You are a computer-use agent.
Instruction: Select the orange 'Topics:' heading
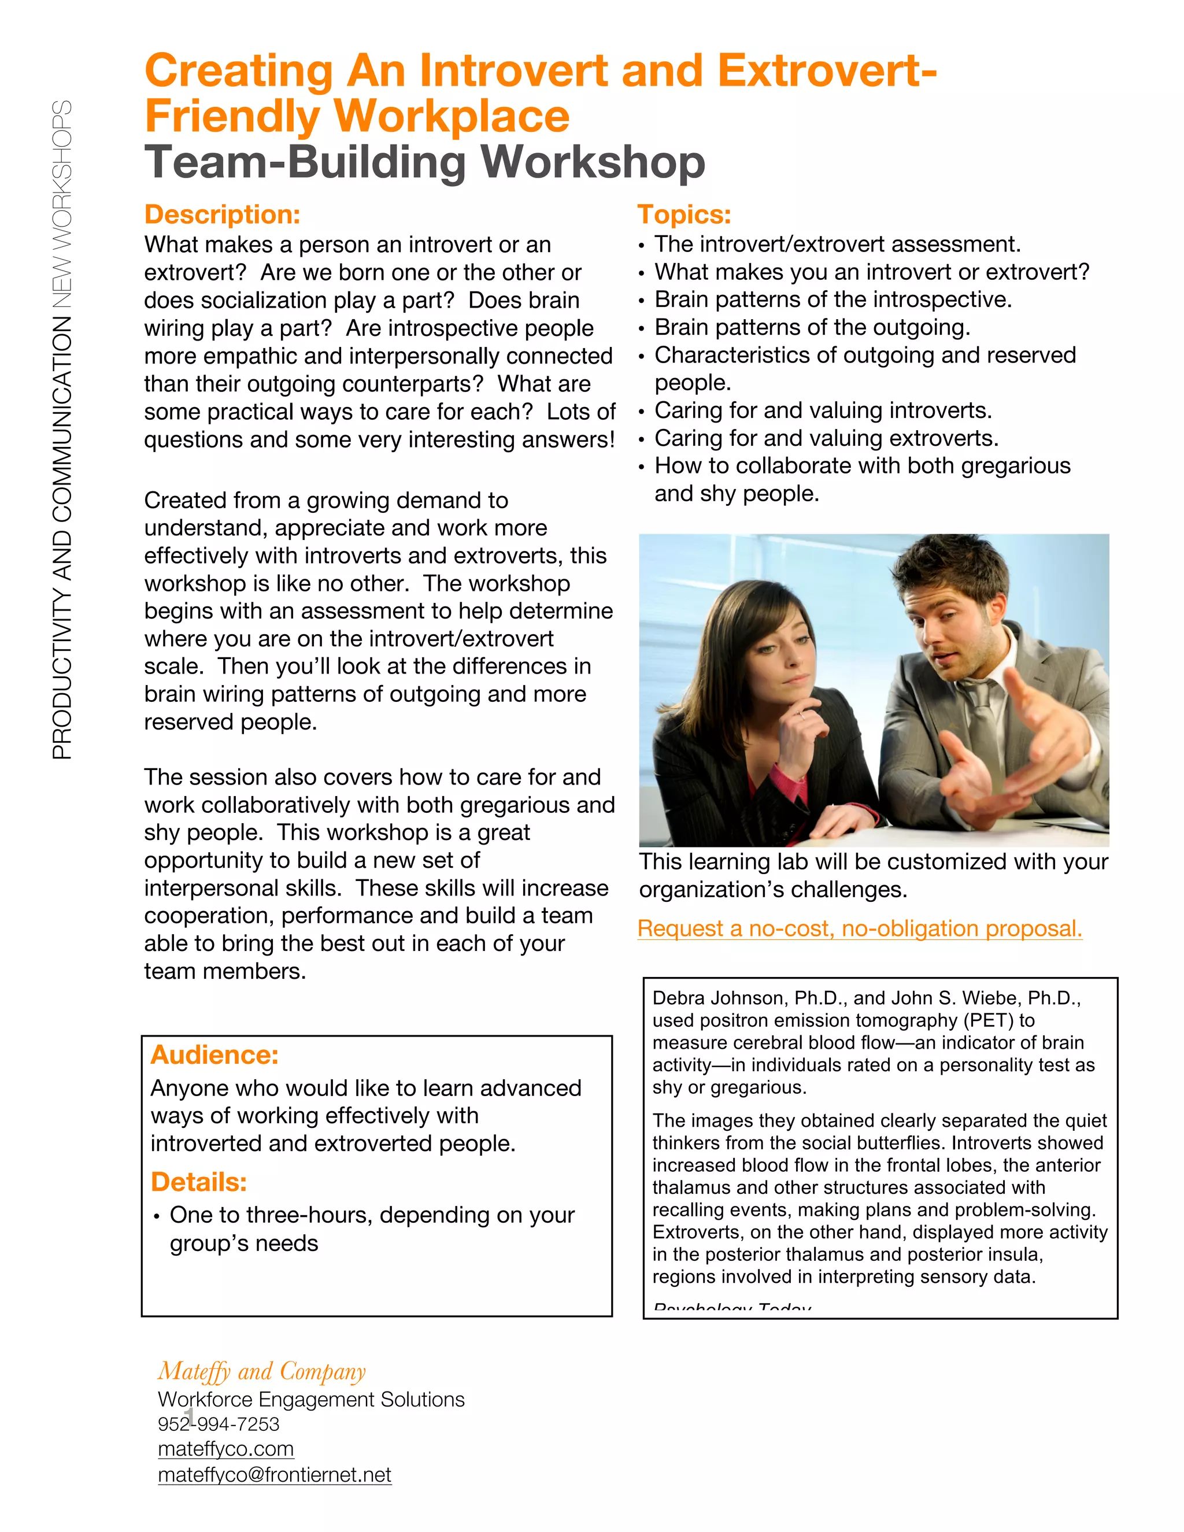pyautogui.click(x=684, y=214)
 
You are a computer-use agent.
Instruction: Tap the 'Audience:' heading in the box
pyautogui.click(x=214, y=1055)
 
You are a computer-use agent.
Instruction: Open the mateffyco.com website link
pyautogui.click(x=226, y=1449)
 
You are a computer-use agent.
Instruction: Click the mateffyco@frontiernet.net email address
pyautogui.click(x=274, y=1475)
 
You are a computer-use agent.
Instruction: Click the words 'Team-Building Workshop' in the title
pyautogui.click(x=424, y=163)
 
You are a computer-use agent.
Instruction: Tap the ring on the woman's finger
pyautogui.click(x=801, y=715)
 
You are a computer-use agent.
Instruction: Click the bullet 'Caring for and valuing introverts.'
pyautogui.click(x=823, y=410)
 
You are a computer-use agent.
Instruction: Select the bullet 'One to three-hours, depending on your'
pyautogui.click(x=372, y=1215)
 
